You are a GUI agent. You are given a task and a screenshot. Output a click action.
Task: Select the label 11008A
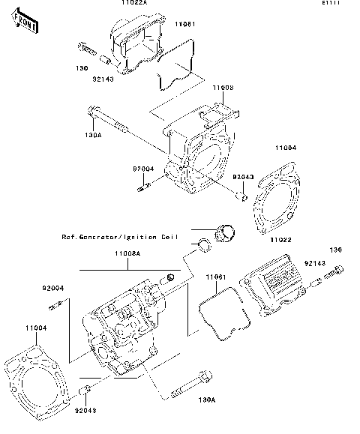click(126, 254)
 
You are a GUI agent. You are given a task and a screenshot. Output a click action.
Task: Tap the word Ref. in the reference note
click(70, 236)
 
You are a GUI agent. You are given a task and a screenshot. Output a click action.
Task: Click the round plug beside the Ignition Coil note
click(224, 233)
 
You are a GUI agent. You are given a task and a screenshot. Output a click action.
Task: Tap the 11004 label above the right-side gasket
click(285, 148)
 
